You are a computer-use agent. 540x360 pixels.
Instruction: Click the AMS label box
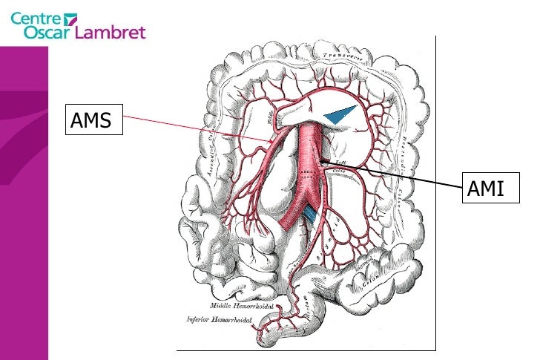[x=93, y=120]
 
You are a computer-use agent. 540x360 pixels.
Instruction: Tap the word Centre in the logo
[x=36, y=16]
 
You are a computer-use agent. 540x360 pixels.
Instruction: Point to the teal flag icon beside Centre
[x=71, y=17]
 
